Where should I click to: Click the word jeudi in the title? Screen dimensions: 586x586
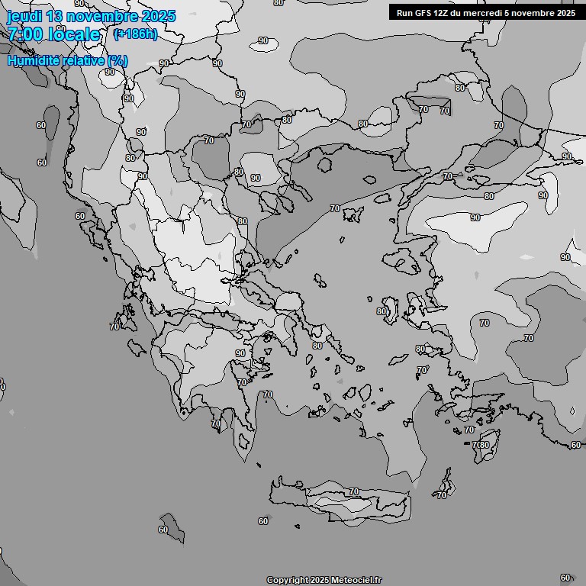(x=26, y=16)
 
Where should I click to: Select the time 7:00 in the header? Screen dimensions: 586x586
(x=27, y=35)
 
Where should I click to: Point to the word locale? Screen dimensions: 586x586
(x=73, y=35)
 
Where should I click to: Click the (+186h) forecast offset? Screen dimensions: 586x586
(x=134, y=34)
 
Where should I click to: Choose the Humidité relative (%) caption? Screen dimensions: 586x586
(x=67, y=60)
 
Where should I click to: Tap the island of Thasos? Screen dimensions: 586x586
(x=325, y=164)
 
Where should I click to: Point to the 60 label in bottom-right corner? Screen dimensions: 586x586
(x=565, y=578)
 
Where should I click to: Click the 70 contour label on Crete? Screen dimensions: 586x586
(x=353, y=492)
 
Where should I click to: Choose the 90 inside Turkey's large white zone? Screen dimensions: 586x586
(x=475, y=217)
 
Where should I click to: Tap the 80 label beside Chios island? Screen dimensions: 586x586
(x=382, y=311)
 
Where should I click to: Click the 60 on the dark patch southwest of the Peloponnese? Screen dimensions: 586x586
(x=163, y=530)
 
